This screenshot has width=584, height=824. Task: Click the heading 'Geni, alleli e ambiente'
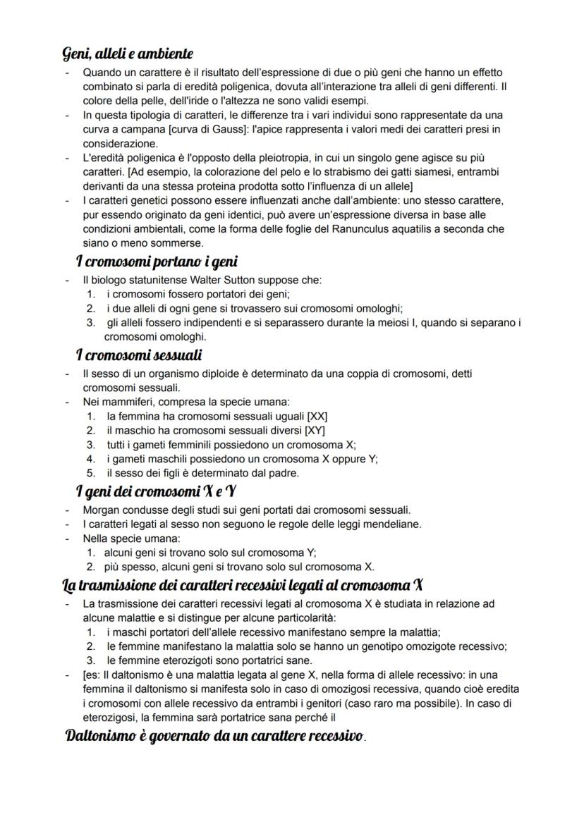point(128,54)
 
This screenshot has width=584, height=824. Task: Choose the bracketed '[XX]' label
point(313,416)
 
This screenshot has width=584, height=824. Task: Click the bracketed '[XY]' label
point(311,430)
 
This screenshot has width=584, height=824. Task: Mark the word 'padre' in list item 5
point(284,473)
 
